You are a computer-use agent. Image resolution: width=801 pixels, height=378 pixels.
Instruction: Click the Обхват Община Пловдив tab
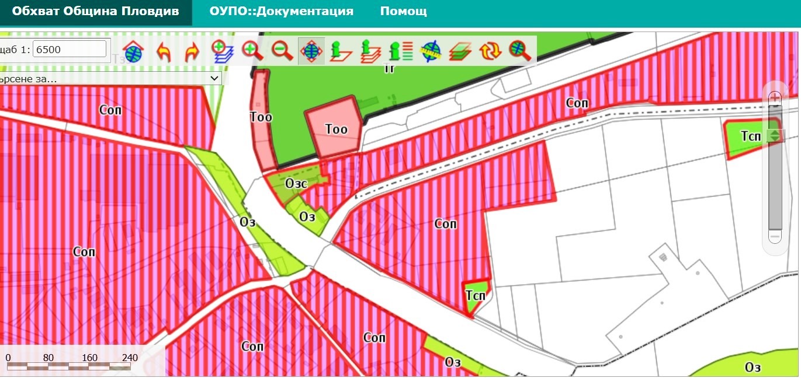[95, 11]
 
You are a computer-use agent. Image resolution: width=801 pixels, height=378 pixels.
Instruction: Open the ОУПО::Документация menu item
[282, 11]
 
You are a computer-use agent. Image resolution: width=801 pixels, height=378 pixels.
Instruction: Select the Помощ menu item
[403, 11]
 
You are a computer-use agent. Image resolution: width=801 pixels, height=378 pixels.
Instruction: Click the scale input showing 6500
[70, 49]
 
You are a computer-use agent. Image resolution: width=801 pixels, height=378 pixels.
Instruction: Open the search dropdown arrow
[214, 78]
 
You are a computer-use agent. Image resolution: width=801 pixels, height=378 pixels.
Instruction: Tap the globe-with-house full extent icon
[134, 51]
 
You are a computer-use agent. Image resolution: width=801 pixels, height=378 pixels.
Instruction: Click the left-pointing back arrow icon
[164, 51]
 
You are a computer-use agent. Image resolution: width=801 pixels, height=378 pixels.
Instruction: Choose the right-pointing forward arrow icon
[192, 51]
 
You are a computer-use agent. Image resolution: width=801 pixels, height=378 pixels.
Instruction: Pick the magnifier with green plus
[252, 51]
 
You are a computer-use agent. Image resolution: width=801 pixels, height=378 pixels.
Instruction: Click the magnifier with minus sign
[282, 51]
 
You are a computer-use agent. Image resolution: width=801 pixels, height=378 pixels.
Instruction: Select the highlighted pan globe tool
[311, 51]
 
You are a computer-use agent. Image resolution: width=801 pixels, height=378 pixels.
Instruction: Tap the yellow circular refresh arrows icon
[490, 51]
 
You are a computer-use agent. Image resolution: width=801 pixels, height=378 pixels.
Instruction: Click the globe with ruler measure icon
[431, 51]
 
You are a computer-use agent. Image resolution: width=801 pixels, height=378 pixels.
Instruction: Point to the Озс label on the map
[297, 183]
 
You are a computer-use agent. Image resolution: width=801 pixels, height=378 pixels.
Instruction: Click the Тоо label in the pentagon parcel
[336, 129]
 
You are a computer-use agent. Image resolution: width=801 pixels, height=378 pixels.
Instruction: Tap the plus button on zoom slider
[775, 97]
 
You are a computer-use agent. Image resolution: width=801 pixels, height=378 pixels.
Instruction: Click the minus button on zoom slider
[775, 237]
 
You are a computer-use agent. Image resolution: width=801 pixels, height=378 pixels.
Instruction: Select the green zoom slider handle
[775, 135]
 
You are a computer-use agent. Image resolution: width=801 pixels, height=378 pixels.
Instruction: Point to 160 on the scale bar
[90, 358]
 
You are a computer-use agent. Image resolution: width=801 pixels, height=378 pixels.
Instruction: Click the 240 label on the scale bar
[130, 358]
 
